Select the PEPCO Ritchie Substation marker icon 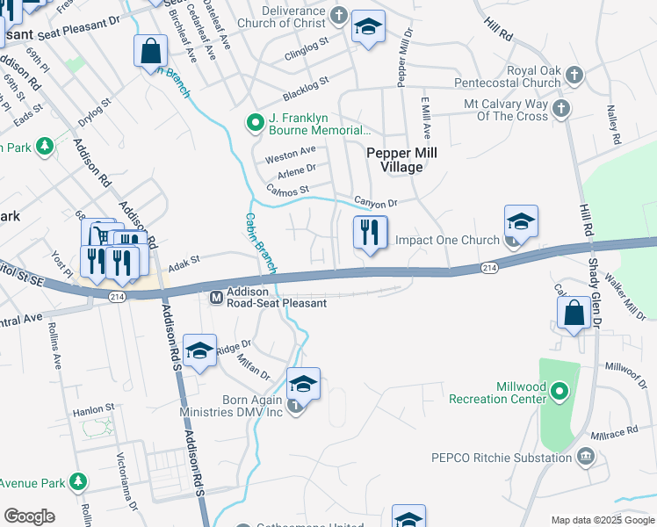pyautogui.click(x=586, y=457)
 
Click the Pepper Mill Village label pyautogui.click(x=401, y=159)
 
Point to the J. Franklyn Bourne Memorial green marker pyautogui.click(x=255, y=122)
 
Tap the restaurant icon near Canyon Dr pyautogui.click(x=370, y=233)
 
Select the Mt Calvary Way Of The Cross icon pyautogui.click(x=562, y=109)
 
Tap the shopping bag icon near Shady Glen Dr pyautogui.click(x=574, y=314)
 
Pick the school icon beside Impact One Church pyautogui.click(x=521, y=222)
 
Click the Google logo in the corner pyautogui.click(x=30, y=516)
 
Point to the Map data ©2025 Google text pyautogui.click(x=602, y=520)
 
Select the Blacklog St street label pyautogui.click(x=305, y=87)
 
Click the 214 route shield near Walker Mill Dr pyautogui.click(x=489, y=266)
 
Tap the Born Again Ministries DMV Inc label pyautogui.click(x=253, y=406)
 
